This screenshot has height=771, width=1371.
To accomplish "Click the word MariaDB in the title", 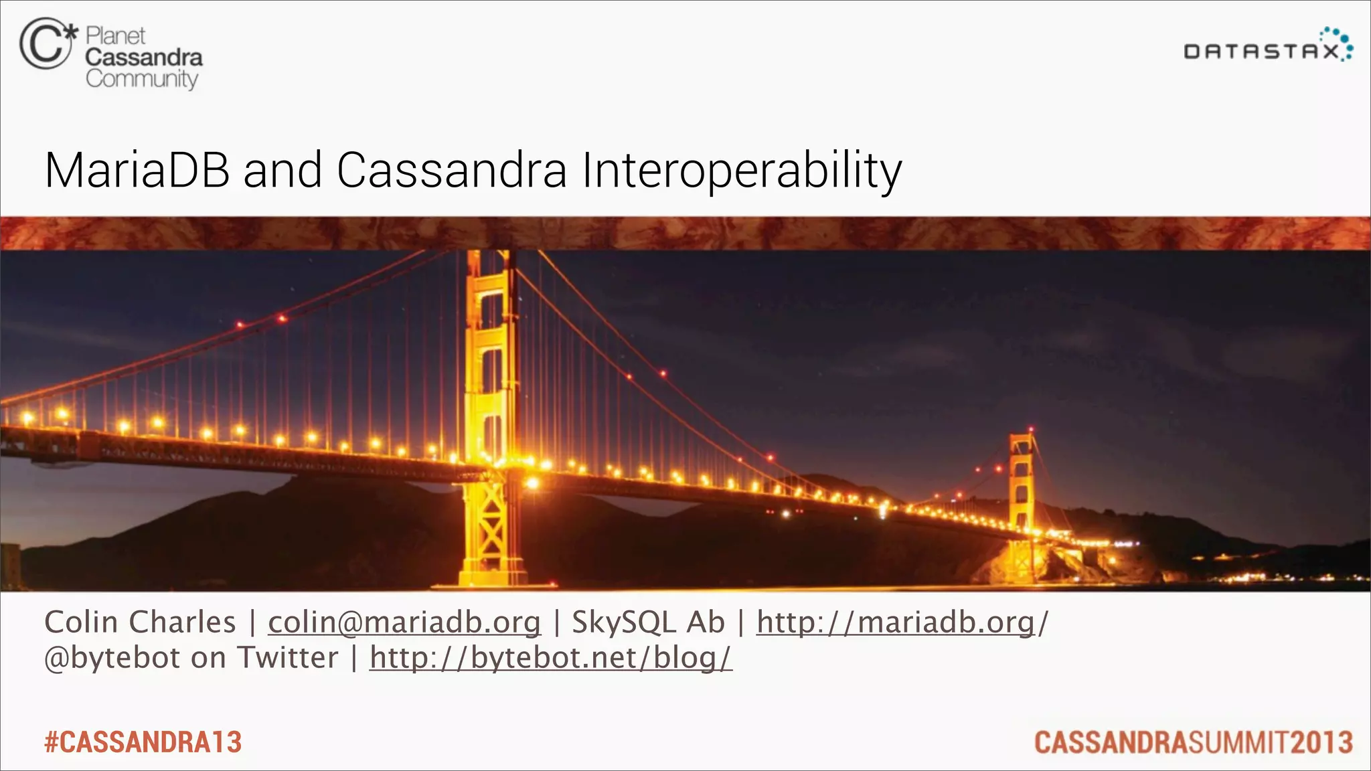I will [x=137, y=170].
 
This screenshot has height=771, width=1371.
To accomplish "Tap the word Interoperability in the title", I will [x=741, y=171].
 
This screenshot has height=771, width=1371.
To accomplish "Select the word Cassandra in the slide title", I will [x=451, y=170].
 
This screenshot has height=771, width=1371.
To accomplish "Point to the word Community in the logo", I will [x=141, y=79].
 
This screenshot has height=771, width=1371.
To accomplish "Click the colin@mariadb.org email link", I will [x=404, y=622].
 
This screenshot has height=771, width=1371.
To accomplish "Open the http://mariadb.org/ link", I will [x=901, y=622].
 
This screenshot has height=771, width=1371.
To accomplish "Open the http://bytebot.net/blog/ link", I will [x=550, y=658].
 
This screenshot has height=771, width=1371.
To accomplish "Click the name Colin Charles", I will [x=140, y=622].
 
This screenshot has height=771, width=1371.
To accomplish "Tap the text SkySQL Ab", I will [x=648, y=622].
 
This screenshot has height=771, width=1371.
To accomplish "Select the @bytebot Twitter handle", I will [x=112, y=658].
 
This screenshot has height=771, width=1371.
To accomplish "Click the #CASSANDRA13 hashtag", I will [x=143, y=742].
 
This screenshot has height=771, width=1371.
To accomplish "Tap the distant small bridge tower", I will [x=1022, y=482].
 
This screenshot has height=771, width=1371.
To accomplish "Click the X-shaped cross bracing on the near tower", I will [x=492, y=529].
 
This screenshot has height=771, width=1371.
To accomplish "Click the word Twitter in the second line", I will [x=289, y=658].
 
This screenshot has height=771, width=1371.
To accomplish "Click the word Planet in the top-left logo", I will [x=115, y=35].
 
